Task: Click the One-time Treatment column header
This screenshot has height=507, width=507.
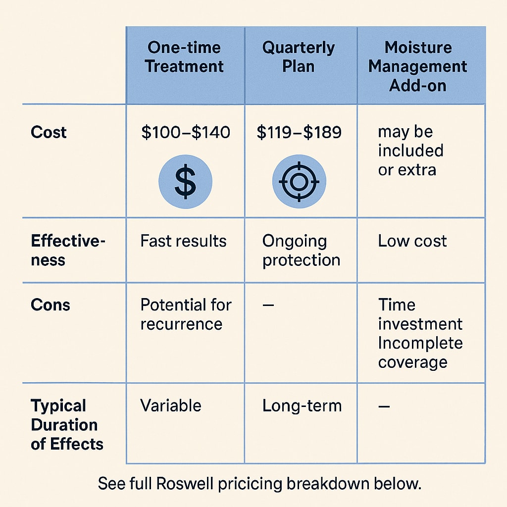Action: [185, 57]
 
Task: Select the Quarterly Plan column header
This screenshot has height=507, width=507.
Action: [298, 57]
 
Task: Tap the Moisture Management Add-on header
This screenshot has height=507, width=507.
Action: [418, 66]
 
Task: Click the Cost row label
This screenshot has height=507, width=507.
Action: [49, 132]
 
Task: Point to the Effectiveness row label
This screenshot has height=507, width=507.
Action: [68, 250]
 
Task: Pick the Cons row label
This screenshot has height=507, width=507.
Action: [50, 304]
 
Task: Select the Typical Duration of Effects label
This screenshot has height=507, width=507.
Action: [67, 424]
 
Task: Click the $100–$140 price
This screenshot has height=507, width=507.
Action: [186, 132]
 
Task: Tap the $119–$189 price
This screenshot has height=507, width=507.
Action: [299, 132]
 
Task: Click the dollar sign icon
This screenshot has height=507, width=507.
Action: [185, 181]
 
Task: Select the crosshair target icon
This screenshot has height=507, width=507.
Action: [299, 181]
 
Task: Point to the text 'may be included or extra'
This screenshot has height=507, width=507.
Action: [410, 151]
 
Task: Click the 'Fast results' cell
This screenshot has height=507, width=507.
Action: [183, 241]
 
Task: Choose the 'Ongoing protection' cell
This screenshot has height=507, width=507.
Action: [301, 251]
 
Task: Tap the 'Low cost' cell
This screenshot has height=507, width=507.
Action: [412, 241]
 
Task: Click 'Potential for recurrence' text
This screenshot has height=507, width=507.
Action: [186, 314]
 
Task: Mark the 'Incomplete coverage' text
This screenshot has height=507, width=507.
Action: [420, 352]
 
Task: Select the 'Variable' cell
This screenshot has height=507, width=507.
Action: [171, 406]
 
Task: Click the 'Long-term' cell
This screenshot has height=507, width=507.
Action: [302, 406]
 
